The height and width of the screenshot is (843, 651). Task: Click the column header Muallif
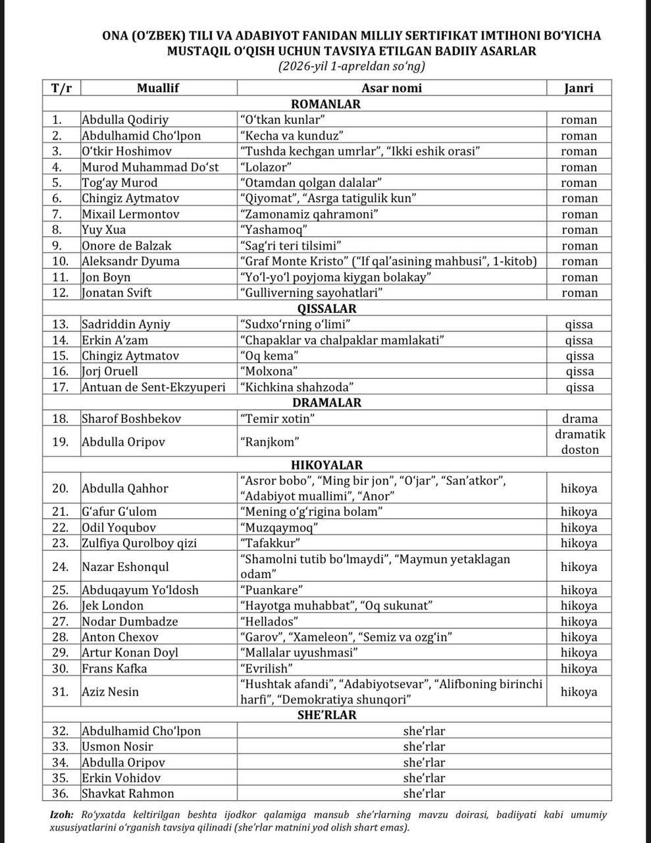pyautogui.click(x=158, y=88)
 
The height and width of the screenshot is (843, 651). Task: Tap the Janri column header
pyautogui.click(x=579, y=88)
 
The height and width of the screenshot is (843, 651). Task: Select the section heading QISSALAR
pyautogui.click(x=326, y=308)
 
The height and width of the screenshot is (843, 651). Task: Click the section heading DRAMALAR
pyautogui.click(x=326, y=402)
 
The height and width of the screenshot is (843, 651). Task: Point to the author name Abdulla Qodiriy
pyautogui.click(x=125, y=120)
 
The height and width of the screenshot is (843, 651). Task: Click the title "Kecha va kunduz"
pyautogui.click(x=292, y=136)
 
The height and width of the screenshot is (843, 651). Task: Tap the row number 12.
pyautogui.click(x=61, y=292)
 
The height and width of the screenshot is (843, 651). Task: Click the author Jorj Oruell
pyautogui.click(x=110, y=371)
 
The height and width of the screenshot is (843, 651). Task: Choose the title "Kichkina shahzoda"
pyautogui.click(x=298, y=387)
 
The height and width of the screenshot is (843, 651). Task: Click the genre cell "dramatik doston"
pyautogui.click(x=579, y=442)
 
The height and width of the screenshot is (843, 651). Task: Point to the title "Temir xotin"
pyautogui.click(x=278, y=418)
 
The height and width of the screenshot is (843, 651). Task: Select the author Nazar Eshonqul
pyautogui.click(x=125, y=566)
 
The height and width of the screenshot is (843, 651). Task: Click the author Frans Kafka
pyautogui.click(x=115, y=668)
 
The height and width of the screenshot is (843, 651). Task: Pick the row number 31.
pyautogui.click(x=61, y=692)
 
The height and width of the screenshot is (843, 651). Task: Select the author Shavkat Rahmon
pyautogui.click(x=128, y=794)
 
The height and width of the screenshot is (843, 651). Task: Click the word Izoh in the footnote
pyautogui.click(x=62, y=815)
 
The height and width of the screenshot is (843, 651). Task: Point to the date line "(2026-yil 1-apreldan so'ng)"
pyautogui.click(x=351, y=67)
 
